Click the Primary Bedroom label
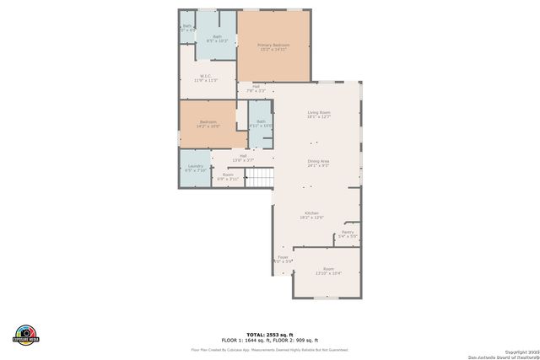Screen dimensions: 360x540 (273, 46)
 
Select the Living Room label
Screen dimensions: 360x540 (318, 114)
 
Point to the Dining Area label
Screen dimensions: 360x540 (318, 163)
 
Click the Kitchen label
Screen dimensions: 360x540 (311, 215)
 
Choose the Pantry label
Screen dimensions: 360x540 (348, 234)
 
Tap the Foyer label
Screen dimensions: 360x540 (283, 259)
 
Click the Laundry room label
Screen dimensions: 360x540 (195, 167)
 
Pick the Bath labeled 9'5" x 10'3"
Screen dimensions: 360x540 (217, 38)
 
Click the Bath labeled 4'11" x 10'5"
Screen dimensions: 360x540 (261, 123)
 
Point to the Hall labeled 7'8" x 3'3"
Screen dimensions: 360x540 (255, 88)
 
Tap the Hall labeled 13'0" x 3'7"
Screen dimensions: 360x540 (243, 157)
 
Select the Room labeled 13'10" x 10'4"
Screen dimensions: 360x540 (328, 271)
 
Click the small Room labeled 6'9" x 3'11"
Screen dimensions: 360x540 (228, 176)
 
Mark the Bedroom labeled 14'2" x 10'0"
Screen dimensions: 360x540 (208, 124)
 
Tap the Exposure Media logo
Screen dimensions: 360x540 (26, 333)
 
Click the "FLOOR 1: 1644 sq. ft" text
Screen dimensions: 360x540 (246, 340)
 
